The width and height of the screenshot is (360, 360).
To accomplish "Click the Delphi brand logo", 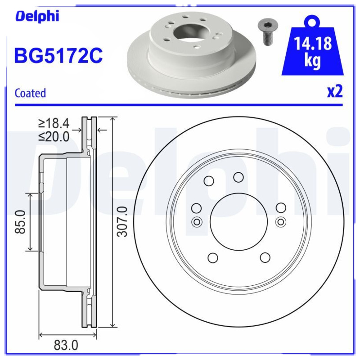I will [x=38, y=17].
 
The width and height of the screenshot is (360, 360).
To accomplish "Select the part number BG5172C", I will [x=58, y=56].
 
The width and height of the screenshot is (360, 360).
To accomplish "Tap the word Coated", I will [x=30, y=93].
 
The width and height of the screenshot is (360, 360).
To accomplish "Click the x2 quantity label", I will [x=335, y=92].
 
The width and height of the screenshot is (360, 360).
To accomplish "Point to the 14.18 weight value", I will [x=313, y=44].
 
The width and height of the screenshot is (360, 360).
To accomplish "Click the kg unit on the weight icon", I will [x=313, y=61].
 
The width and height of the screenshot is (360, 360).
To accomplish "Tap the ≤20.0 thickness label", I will [x=54, y=136].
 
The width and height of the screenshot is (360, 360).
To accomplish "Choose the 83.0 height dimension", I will [x=66, y=346].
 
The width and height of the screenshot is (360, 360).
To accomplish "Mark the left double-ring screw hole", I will [x=196, y=221].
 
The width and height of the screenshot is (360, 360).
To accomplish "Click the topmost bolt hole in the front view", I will [x=238, y=177].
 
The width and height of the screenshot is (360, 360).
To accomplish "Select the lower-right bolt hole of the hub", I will [x=265, y=257].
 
